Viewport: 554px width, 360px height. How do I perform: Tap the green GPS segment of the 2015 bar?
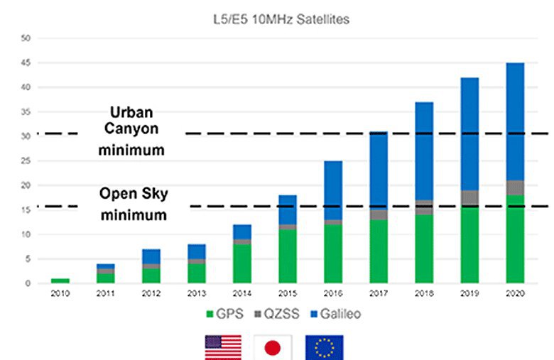pos(287,256)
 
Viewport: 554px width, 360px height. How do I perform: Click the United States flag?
pos(223,347)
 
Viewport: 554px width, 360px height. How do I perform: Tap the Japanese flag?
pos(273,347)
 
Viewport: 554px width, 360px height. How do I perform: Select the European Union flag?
pos(325,347)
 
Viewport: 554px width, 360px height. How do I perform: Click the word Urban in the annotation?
pos(132,113)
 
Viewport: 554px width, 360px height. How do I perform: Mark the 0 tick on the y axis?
pos(27,283)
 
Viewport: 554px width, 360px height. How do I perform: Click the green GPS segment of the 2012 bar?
pos(151,276)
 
